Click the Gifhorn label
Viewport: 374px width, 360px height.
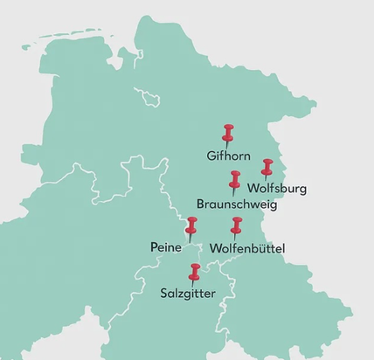click(x=229, y=157)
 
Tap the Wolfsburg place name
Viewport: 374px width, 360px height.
click(x=278, y=188)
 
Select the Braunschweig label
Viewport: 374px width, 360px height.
click(x=237, y=205)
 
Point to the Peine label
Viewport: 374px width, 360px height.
click(x=165, y=248)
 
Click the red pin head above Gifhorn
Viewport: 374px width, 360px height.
click(x=229, y=132)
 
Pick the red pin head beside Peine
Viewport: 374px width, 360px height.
click(x=192, y=225)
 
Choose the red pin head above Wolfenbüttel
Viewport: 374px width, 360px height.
click(x=236, y=224)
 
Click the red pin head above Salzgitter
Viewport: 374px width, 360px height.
click(x=195, y=269)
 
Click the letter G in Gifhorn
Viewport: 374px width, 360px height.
click(x=211, y=157)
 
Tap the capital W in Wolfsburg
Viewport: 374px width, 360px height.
click(x=254, y=188)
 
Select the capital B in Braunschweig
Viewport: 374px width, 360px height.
click(x=201, y=205)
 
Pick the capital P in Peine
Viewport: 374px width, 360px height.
click(x=154, y=248)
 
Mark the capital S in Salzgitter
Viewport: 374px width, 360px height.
click(x=164, y=293)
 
